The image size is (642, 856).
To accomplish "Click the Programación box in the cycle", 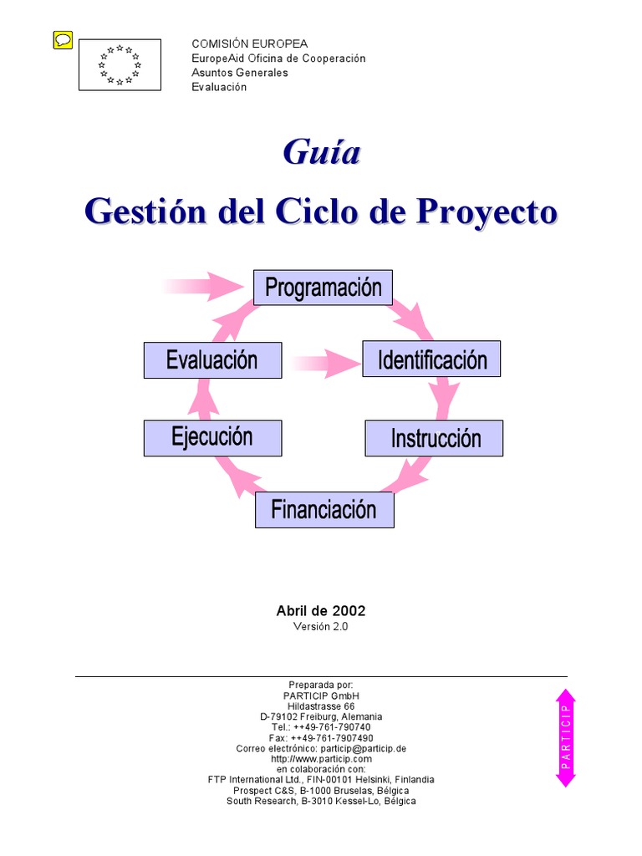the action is (323, 288).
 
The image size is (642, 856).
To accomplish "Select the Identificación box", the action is (431, 359).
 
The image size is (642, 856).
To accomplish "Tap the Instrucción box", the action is (435, 438).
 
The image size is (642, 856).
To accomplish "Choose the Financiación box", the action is (324, 510).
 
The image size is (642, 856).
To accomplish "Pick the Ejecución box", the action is (212, 438).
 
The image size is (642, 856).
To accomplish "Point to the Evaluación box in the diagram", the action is (212, 359).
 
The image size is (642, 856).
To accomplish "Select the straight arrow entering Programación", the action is (205, 285).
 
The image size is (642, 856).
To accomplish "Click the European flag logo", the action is (120, 65).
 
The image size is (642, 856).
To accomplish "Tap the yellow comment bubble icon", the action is (63, 39).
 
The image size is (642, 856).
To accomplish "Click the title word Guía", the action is (321, 153).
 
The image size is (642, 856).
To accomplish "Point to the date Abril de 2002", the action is (321, 611).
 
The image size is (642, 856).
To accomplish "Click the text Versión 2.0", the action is (321, 627).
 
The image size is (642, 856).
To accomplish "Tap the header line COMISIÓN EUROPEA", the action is (249, 43).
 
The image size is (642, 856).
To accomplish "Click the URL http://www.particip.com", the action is (321, 759).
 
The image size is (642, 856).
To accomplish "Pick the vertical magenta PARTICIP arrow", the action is (566, 737).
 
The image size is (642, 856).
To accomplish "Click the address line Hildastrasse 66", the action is (321, 706).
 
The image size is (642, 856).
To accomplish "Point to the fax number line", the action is (321, 738).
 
